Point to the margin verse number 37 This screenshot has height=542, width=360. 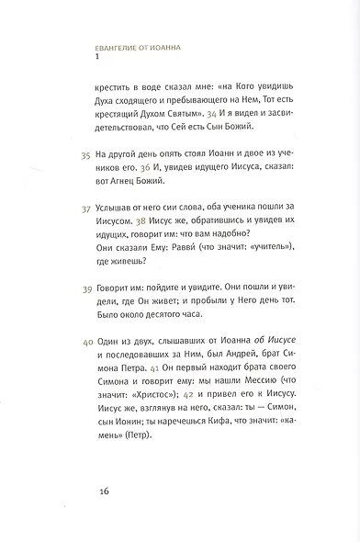tap(87, 209)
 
